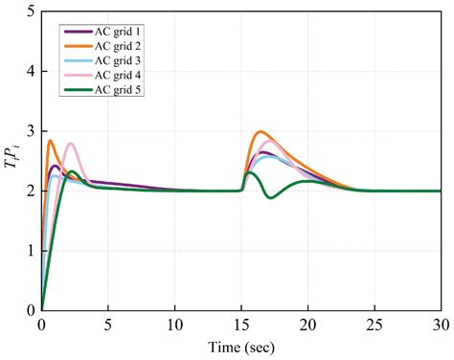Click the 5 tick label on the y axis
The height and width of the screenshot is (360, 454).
click(32, 11)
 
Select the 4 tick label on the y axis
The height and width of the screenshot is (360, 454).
click(32, 72)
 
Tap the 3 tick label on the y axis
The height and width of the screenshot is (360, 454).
click(32, 131)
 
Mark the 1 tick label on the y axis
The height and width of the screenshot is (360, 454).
click(32, 251)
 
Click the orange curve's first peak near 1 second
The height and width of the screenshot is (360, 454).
click(50, 141)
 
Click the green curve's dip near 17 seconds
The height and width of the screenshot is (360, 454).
click(271, 198)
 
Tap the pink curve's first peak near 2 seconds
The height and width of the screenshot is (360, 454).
click(70, 144)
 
